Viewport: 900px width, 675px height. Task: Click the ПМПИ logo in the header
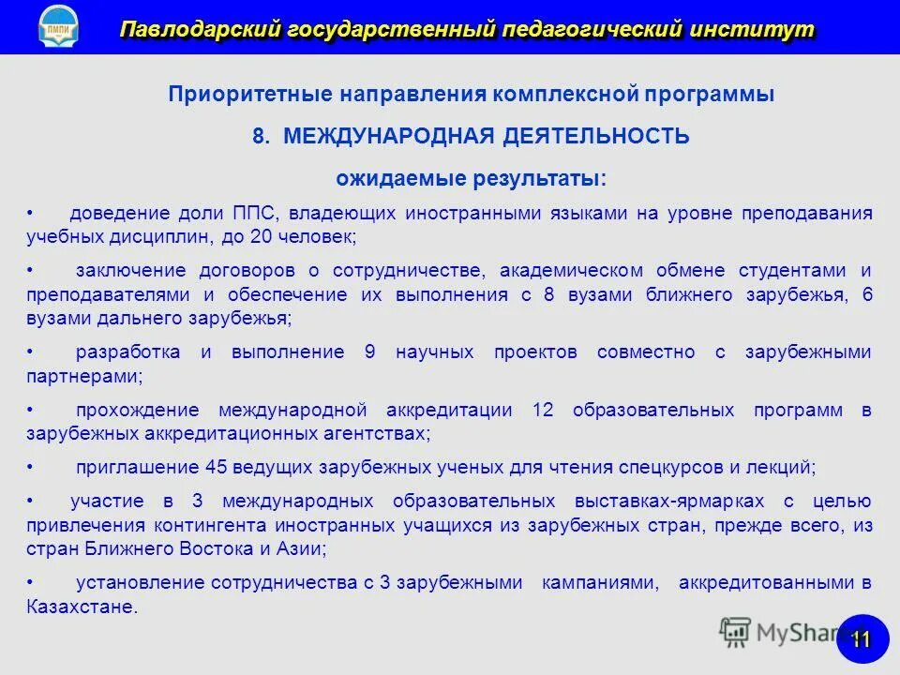point(58,27)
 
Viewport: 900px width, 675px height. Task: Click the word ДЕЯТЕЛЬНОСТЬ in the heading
point(595,136)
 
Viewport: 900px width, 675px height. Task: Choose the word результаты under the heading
point(547,177)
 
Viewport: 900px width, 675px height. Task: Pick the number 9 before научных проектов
point(369,352)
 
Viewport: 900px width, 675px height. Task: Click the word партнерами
point(83,377)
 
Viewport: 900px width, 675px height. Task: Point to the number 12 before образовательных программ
point(543,410)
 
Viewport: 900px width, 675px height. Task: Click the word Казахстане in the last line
point(82,607)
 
